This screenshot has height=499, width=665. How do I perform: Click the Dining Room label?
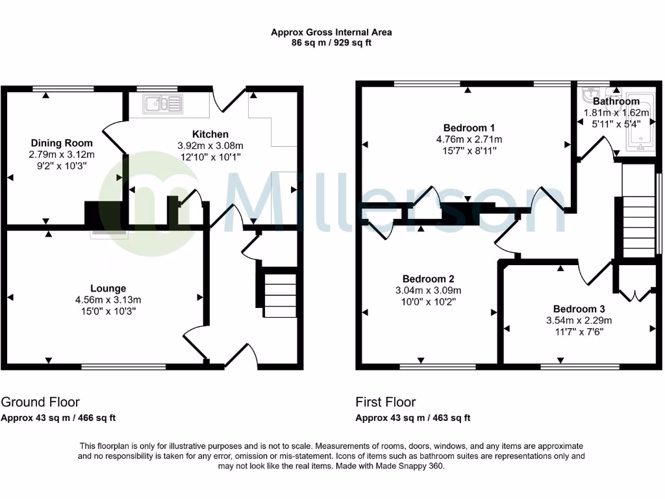(x=62, y=143)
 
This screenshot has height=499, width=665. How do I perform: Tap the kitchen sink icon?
(x=165, y=103)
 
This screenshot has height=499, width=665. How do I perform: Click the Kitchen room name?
(x=210, y=134)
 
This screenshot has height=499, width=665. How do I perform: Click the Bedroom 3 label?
(x=579, y=309)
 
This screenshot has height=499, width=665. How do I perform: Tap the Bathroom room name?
(x=616, y=101)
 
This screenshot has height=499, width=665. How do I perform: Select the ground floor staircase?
(x=280, y=294)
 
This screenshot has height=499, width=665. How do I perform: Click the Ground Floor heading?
(x=40, y=402)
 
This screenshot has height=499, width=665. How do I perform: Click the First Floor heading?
(x=386, y=402)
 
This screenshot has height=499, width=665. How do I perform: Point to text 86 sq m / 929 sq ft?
(x=331, y=42)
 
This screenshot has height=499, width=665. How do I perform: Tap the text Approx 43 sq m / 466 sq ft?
(x=58, y=418)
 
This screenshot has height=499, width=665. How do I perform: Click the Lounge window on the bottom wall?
(x=123, y=367)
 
